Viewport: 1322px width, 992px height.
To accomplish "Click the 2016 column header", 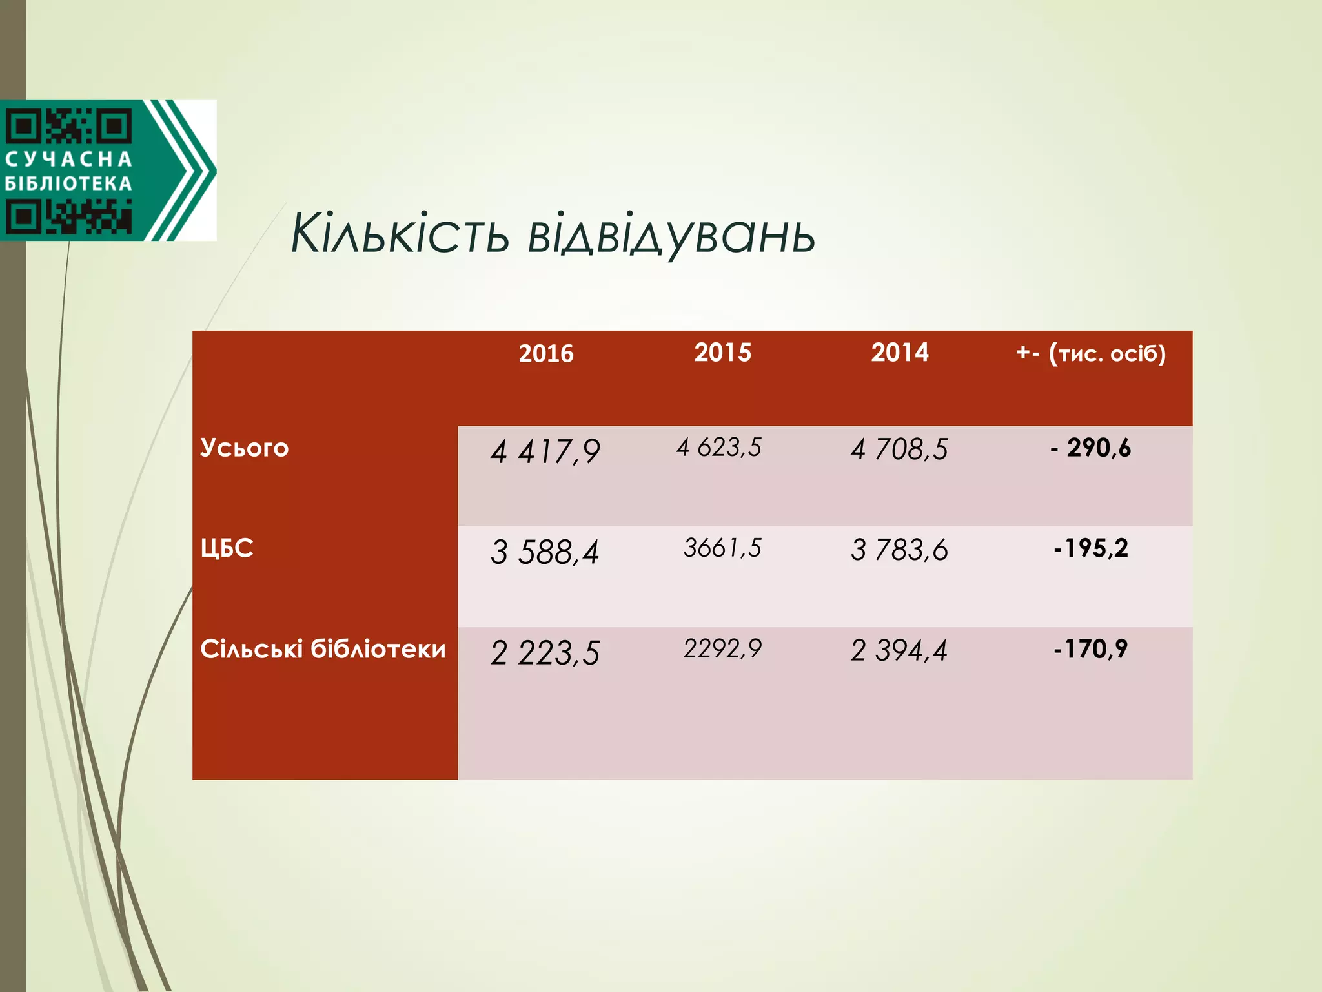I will tap(546, 353).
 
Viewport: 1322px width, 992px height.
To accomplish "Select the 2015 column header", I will tap(722, 353).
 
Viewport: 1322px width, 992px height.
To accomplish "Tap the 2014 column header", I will tap(899, 353).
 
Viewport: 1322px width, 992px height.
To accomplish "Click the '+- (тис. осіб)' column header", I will tap(1090, 353).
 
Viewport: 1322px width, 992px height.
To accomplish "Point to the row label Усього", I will tap(244, 448).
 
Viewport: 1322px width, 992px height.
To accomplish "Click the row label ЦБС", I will tap(227, 548).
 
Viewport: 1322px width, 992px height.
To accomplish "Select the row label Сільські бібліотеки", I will tap(323, 649).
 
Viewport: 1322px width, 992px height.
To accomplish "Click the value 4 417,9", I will tap(545, 451).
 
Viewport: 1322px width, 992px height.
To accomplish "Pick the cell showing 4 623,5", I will tap(719, 448).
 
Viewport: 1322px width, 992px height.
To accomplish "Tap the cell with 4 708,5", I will tap(899, 449).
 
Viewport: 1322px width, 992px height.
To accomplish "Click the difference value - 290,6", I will tap(1090, 448).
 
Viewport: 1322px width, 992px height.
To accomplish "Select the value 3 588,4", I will tap(545, 552).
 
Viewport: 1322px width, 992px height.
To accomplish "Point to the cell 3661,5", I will tap(722, 548).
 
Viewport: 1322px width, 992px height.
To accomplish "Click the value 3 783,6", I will tap(899, 550).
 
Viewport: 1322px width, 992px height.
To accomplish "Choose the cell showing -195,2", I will tap(1090, 548).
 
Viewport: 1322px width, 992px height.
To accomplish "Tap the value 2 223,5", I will tap(545, 653).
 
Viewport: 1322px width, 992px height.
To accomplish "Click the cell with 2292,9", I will tap(722, 648).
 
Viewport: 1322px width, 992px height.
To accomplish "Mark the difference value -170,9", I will tap(1090, 649).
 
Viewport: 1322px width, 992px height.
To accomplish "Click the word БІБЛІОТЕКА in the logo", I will tap(68, 184).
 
